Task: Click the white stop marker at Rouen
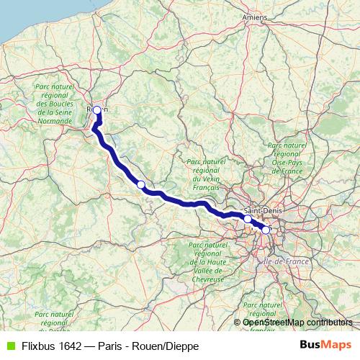97,110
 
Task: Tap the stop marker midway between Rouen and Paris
141,185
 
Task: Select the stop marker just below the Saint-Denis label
248,219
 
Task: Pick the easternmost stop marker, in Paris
266,230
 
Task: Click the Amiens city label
253,17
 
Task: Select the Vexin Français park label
202,174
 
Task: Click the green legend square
9,346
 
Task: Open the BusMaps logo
325,345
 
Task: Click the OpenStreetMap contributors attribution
297,322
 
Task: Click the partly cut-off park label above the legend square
55,320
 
